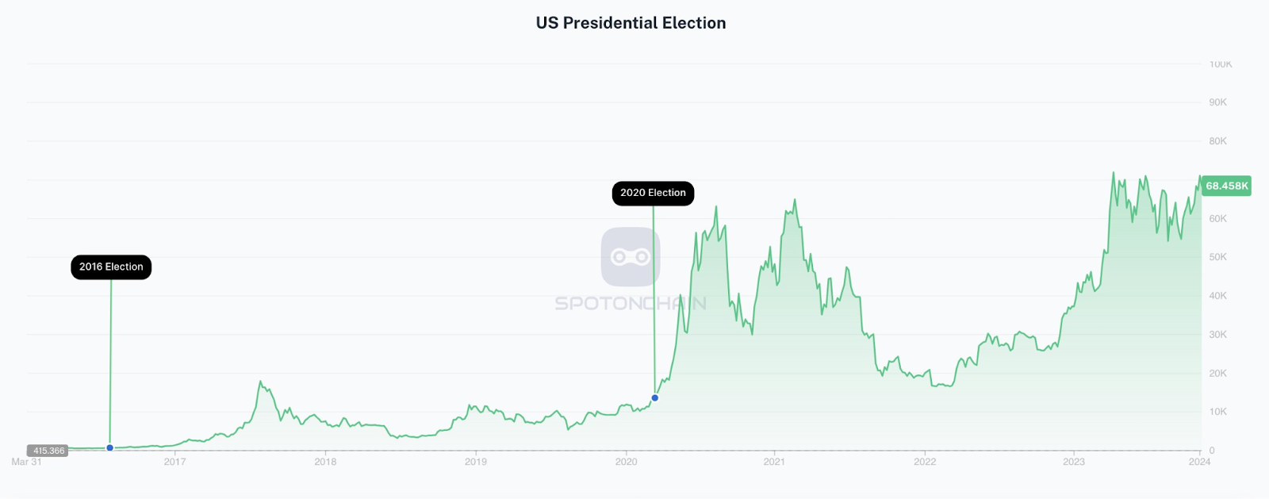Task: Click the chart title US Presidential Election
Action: pyautogui.click(x=631, y=23)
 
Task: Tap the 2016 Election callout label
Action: pyautogui.click(x=111, y=267)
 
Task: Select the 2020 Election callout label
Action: pyautogui.click(x=653, y=193)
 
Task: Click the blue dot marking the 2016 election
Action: pyautogui.click(x=110, y=448)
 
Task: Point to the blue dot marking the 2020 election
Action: pyautogui.click(x=655, y=397)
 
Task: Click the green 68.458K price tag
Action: pyautogui.click(x=1226, y=186)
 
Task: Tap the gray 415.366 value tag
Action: pyautogui.click(x=48, y=451)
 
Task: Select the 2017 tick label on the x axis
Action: pyautogui.click(x=174, y=462)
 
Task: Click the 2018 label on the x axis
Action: pyautogui.click(x=325, y=462)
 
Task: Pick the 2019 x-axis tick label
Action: pyautogui.click(x=476, y=462)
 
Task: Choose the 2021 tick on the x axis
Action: pyautogui.click(x=774, y=462)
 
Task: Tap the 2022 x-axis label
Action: pyautogui.click(x=925, y=462)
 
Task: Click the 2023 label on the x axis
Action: pyautogui.click(x=1074, y=462)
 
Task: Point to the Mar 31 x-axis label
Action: pyautogui.click(x=26, y=462)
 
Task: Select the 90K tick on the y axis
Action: pyautogui.click(x=1217, y=102)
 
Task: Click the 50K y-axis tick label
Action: pyautogui.click(x=1217, y=257)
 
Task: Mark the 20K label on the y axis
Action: pyautogui.click(x=1217, y=373)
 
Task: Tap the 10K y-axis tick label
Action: pyautogui.click(x=1217, y=412)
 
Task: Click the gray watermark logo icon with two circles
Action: pyautogui.click(x=631, y=257)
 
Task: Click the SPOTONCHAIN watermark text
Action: pyautogui.click(x=631, y=303)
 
